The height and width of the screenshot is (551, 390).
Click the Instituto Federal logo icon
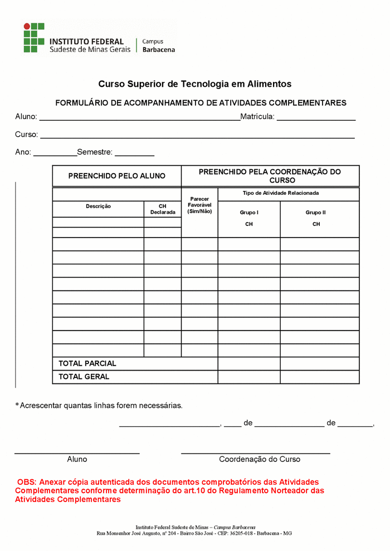click(33, 38)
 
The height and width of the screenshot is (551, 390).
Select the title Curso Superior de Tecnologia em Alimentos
click(195, 84)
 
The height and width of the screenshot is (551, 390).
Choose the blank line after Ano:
click(55, 154)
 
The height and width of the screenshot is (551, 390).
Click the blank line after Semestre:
click(134, 154)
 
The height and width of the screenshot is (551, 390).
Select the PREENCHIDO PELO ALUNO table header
click(117, 176)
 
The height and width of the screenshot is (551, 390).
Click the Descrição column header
click(98, 206)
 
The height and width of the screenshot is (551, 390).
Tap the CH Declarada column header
click(163, 209)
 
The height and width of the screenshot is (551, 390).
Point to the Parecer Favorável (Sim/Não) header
click(199, 205)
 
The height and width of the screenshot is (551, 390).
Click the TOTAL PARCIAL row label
click(87, 363)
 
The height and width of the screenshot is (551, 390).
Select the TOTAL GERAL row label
click(84, 377)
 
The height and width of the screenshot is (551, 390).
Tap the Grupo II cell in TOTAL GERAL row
click(319, 377)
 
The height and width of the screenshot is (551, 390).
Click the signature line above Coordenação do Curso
click(256, 453)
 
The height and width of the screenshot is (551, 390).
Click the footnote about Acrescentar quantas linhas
click(99, 406)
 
